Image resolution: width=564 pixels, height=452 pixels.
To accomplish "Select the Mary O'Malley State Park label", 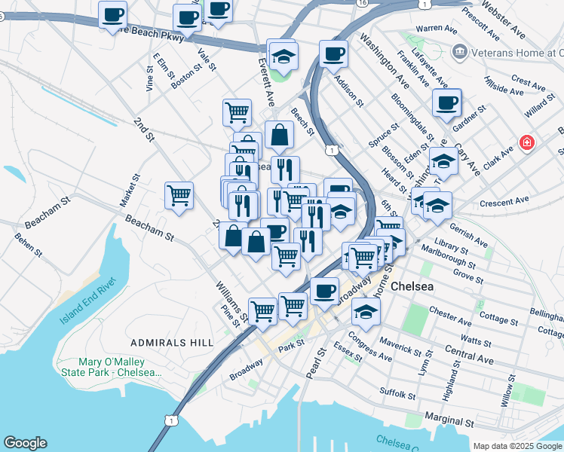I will [x=121, y=366].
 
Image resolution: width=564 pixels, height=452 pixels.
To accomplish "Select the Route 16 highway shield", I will [x=363, y=4].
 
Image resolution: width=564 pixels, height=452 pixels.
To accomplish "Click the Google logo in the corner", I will [x=25, y=443].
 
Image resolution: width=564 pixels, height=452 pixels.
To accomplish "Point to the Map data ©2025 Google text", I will [x=517, y=446].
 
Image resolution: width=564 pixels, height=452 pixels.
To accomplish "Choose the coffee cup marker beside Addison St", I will [x=333, y=53].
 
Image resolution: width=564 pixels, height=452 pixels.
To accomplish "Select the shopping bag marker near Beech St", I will [x=279, y=136].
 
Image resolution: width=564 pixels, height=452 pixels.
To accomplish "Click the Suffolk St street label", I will [x=397, y=392].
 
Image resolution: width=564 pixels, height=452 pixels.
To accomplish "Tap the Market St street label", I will [x=130, y=191].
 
